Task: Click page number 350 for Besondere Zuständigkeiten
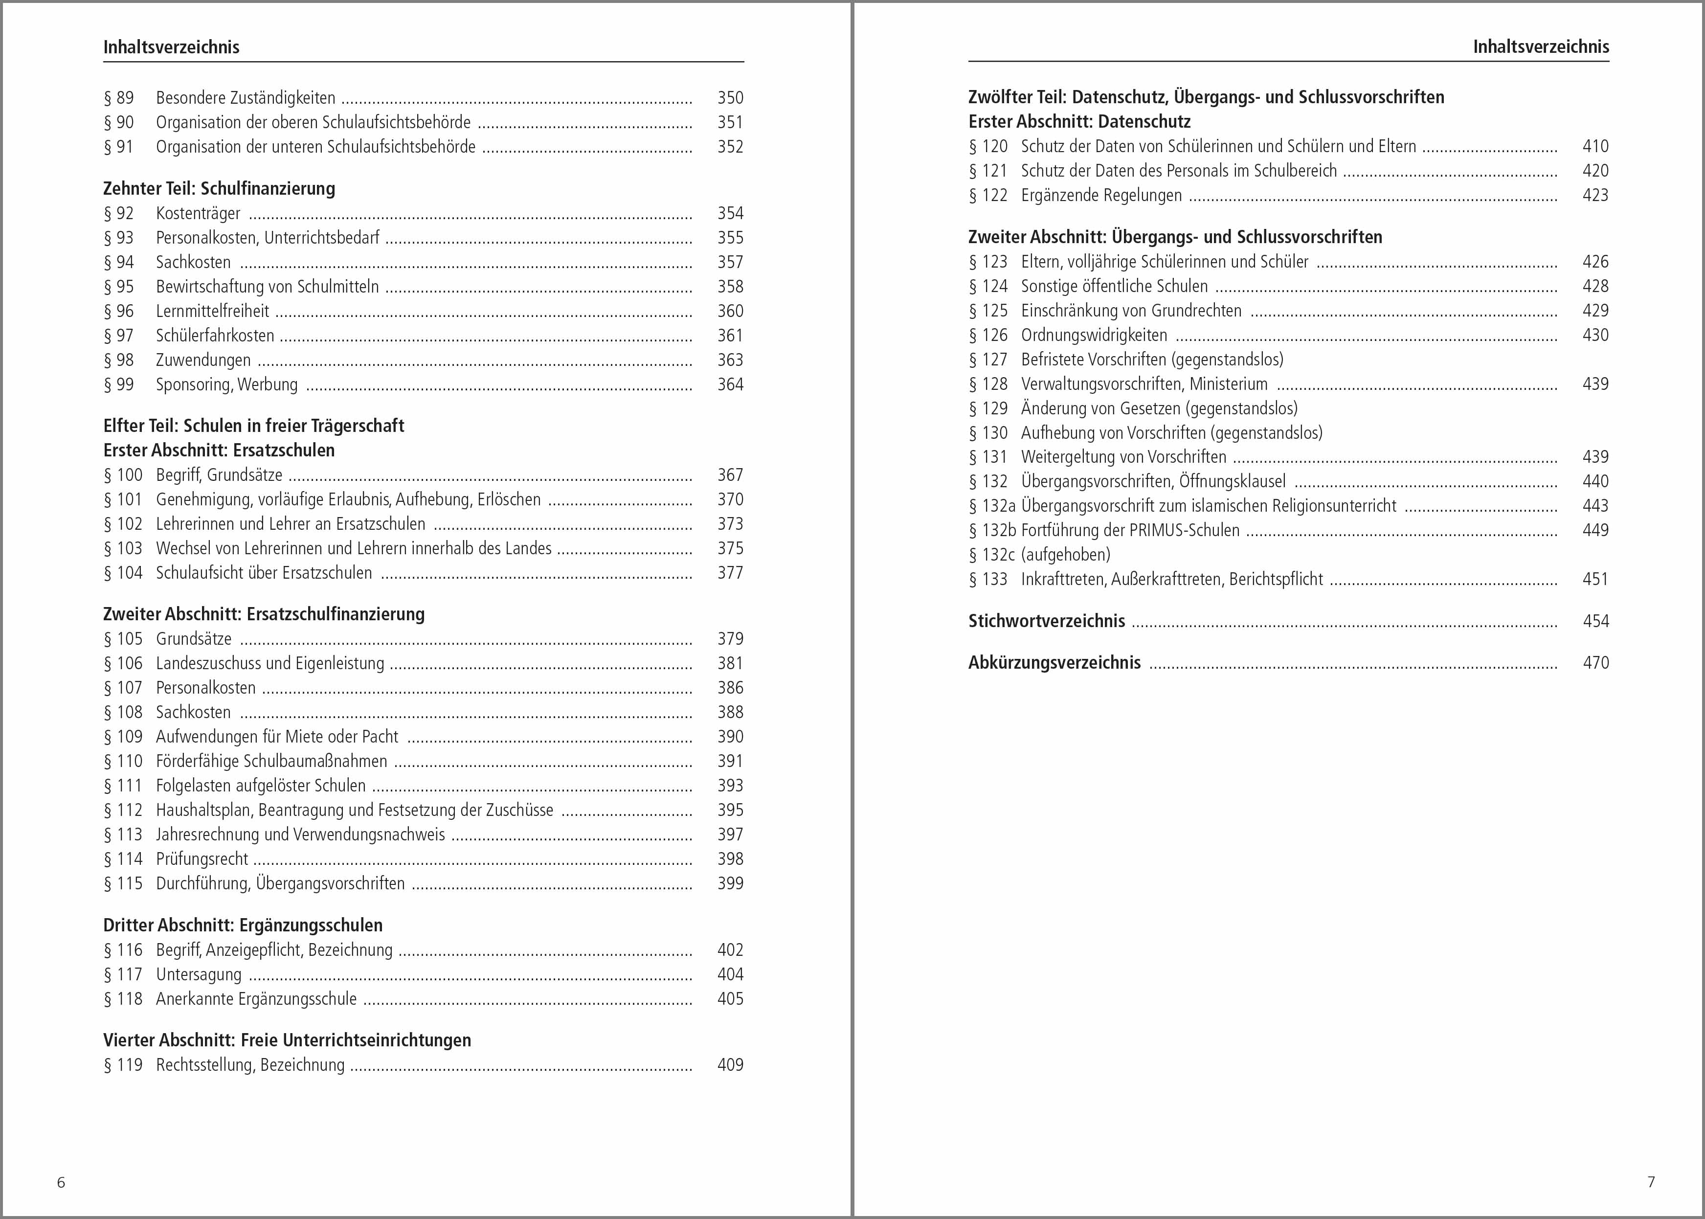[729, 97]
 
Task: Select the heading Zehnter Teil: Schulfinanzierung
[219, 188]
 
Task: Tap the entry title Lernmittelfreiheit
[212, 311]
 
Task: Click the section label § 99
[118, 384]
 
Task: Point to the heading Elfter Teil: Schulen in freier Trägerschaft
[254, 426]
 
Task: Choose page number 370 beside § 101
[729, 499]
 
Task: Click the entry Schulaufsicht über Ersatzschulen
[264, 573]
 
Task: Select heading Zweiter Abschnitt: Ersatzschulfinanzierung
[264, 614]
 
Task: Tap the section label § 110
[123, 761]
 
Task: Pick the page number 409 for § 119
[729, 1064]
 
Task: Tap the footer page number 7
[1651, 1181]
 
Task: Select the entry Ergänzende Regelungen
[1101, 195]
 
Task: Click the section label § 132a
[991, 506]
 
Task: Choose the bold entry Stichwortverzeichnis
[1046, 621]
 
